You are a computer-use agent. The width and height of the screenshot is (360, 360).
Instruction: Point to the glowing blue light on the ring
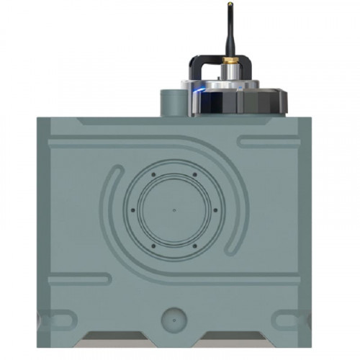(199, 91)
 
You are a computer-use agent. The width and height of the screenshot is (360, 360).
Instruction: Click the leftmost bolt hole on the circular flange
(132, 210)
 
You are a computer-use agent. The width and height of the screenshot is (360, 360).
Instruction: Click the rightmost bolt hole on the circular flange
(215, 210)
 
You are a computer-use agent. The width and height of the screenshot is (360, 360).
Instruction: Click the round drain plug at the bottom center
(174, 317)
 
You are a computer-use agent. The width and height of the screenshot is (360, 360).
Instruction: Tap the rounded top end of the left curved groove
(116, 175)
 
